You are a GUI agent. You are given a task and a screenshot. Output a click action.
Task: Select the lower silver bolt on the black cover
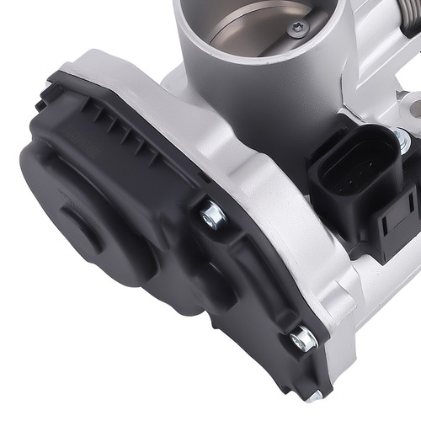pos(301,339)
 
